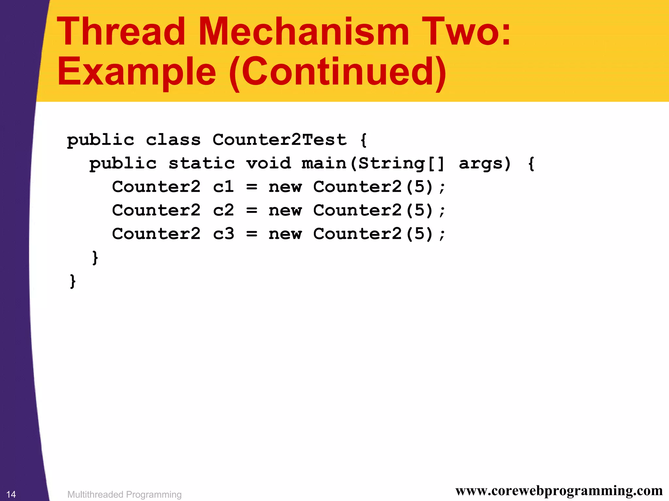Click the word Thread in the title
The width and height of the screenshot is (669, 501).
point(121,32)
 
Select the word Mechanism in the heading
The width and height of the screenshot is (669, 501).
point(303,32)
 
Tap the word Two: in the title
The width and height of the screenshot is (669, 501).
point(466,32)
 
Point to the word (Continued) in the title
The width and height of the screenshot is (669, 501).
point(338,73)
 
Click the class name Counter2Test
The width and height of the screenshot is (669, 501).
point(279,140)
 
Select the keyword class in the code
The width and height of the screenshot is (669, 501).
point(173,140)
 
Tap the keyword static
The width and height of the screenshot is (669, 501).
point(202,163)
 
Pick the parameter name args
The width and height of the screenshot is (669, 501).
point(481,163)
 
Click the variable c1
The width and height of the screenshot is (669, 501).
point(223,187)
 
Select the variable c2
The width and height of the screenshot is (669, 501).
point(223,210)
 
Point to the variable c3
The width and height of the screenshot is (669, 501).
point(223,234)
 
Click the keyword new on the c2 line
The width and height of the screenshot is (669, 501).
point(285,210)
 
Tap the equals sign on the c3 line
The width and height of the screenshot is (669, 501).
point(252,234)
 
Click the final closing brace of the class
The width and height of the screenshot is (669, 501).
point(73,281)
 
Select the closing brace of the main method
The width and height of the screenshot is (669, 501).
point(95,257)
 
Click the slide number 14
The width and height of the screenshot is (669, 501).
point(11,494)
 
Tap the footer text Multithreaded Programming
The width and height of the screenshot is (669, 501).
point(124,494)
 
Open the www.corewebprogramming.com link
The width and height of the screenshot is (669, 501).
point(559,491)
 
